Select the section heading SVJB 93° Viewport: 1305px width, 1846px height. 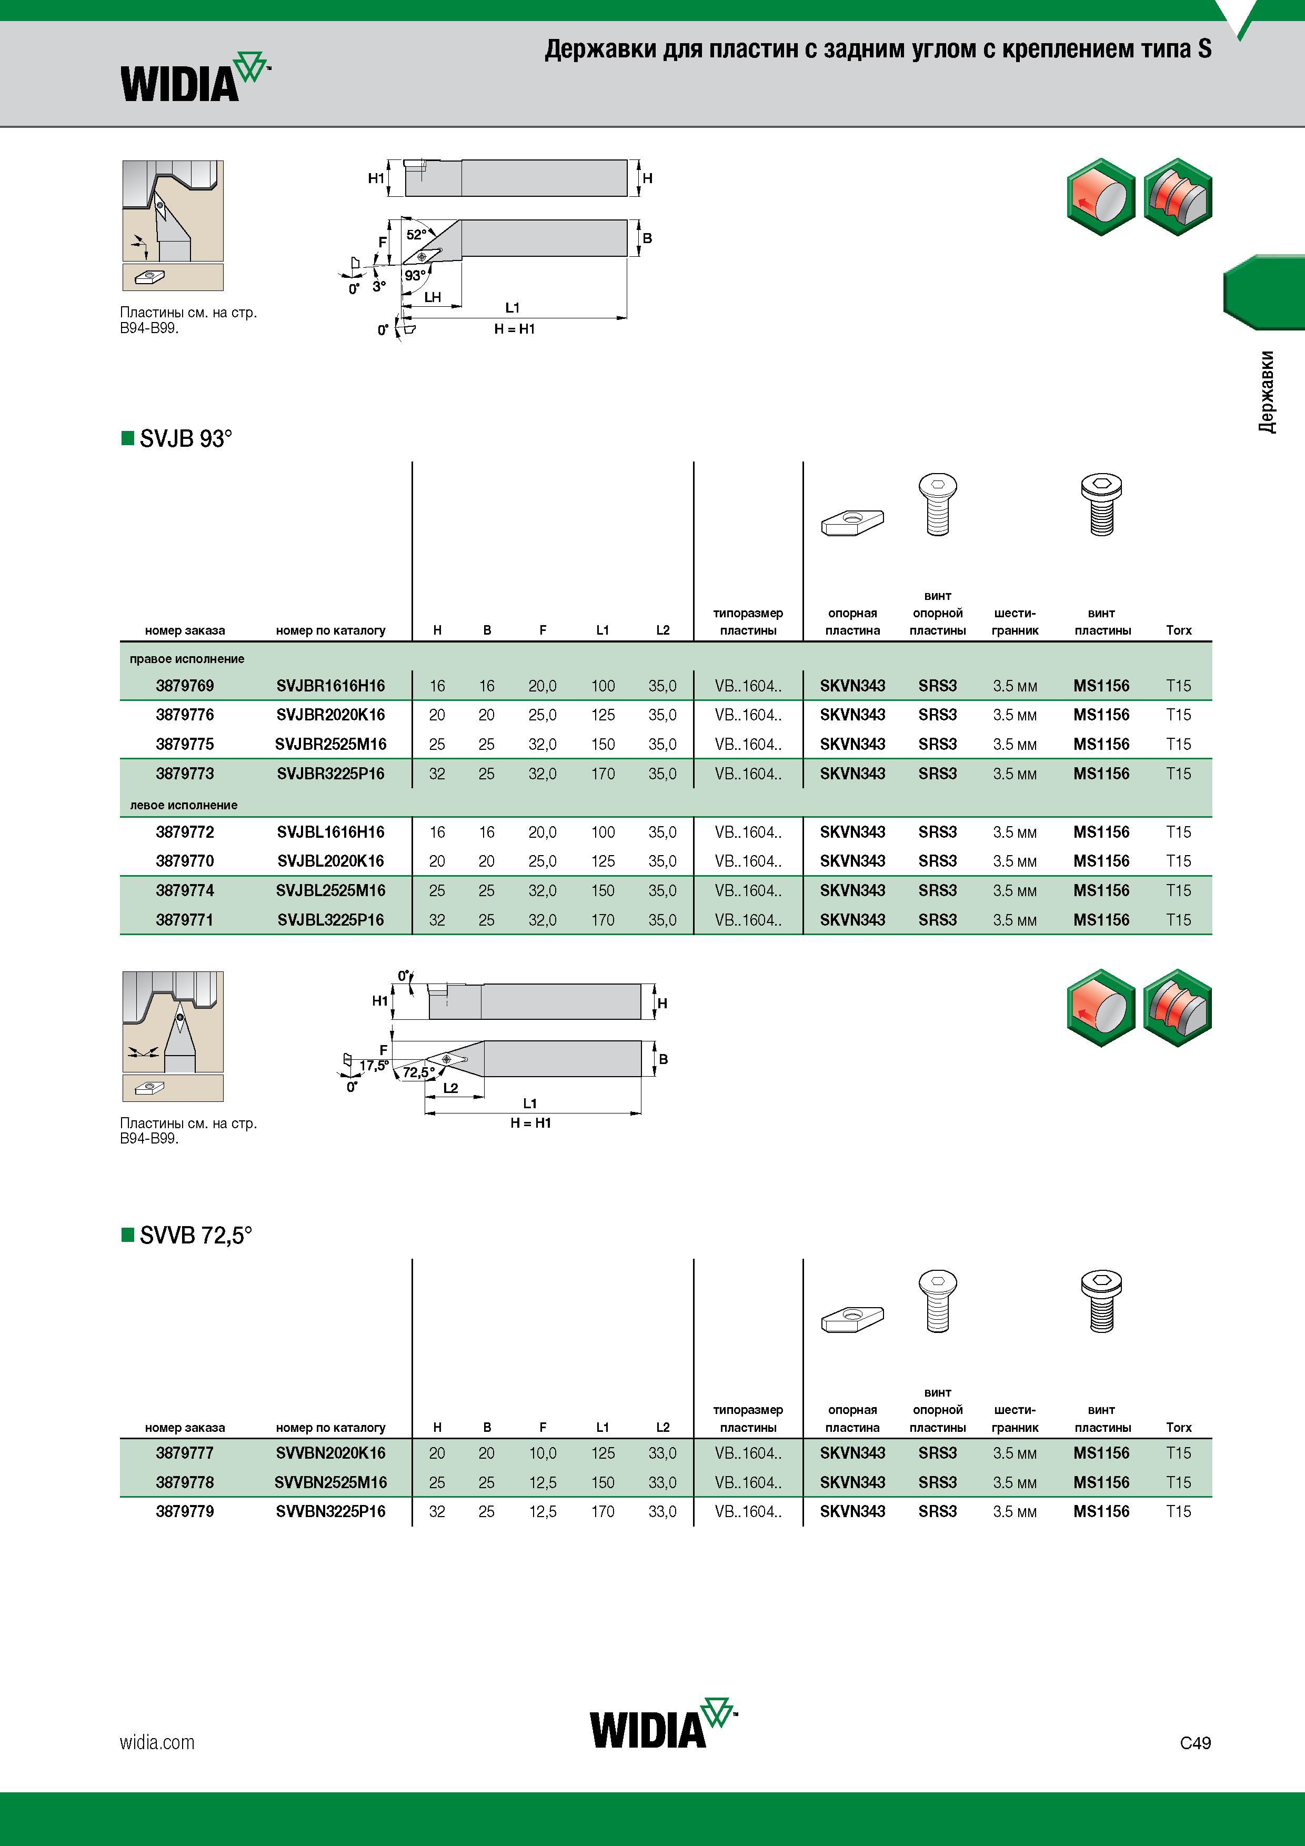click(x=177, y=438)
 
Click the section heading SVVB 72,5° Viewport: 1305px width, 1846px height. click(x=187, y=1235)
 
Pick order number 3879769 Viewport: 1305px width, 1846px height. click(x=185, y=686)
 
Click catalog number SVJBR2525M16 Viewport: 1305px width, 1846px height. click(x=330, y=745)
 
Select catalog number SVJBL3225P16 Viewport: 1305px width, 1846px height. click(x=330, y=920)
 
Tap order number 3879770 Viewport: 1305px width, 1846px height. click(x=185, y=861)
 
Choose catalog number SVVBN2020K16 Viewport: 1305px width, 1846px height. click(x=330, y=1453)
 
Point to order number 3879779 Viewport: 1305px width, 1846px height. click(x=185, y=1511)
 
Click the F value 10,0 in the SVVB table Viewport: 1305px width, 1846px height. click(x=543, y=1453)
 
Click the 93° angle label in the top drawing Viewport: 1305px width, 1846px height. click(x=415, y=275)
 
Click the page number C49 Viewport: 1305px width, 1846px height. click(x=1196, y=1743)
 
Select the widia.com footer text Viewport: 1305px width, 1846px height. click(x=157, y=1742)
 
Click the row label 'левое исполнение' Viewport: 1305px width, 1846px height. click(x=184, y=805)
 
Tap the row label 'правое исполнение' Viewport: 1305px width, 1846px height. click(x=187, y=658)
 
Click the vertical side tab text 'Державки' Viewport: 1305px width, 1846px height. click(x=1267, y=392)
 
